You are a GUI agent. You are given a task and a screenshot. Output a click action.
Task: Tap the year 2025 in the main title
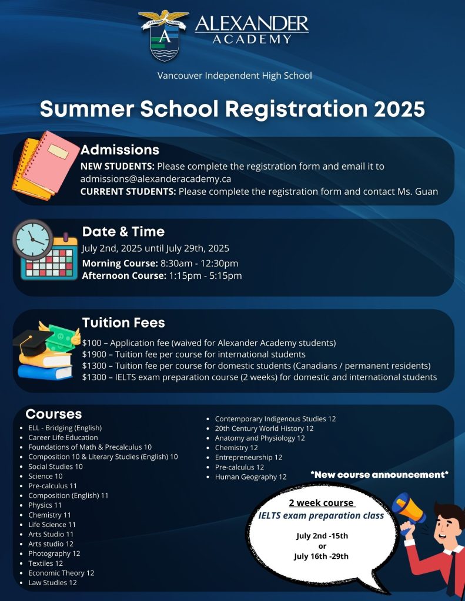pos(395,109)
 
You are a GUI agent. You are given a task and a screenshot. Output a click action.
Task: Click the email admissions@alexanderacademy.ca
pos(155,178)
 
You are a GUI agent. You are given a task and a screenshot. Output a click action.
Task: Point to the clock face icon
pos(32,239)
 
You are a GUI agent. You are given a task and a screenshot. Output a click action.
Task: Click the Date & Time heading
pos(123,231)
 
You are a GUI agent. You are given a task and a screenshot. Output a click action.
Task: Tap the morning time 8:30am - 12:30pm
pos(199,263)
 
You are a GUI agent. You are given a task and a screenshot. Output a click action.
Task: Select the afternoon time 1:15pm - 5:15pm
pos(205,275)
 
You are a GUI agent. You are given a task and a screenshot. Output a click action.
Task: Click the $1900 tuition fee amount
pos(94,354)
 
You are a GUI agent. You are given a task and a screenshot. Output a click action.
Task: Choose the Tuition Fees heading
pos(123,322)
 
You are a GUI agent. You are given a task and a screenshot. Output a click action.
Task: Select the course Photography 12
pos(54,553)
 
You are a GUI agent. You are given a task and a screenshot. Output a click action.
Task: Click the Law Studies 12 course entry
pos(52,583)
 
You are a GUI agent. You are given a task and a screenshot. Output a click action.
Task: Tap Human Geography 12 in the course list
pos(250,477)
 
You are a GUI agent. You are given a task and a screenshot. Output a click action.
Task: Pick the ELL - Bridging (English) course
pos(65,428)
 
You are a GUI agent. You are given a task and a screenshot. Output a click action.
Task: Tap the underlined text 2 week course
pos(322,503)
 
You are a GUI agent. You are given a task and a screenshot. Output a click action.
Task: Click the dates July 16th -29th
pos(322,556)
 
